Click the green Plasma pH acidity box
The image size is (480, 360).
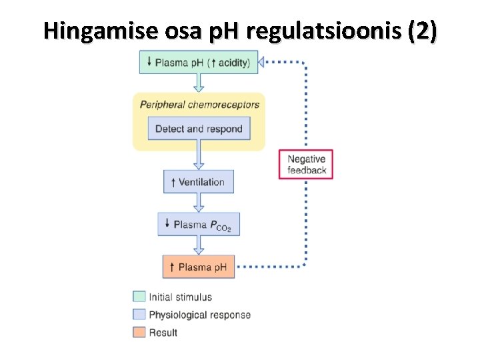(x=198, y=63)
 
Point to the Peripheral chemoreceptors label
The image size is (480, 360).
(x=199, y=105)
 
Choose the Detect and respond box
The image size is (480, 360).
(x=199, y=129)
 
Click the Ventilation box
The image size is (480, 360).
(x=198, y=182)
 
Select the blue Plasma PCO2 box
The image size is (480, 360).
(x=198, y=225)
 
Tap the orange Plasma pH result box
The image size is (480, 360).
(x=198, y=267)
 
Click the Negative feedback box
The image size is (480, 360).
(x=306, y=165)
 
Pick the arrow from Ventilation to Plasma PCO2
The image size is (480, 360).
(x=198, y=203)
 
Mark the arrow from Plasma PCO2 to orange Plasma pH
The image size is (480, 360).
(x=198, y=246)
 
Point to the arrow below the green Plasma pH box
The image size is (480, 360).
(x=198, y=83)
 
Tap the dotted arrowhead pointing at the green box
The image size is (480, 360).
(x=263, y=63)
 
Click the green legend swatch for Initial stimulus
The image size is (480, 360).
(x=139, y=297)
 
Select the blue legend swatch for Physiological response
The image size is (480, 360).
(x=139, y=315)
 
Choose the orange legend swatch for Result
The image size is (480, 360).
(x=139, y=332)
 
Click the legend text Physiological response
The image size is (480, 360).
(x=199, y=315)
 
